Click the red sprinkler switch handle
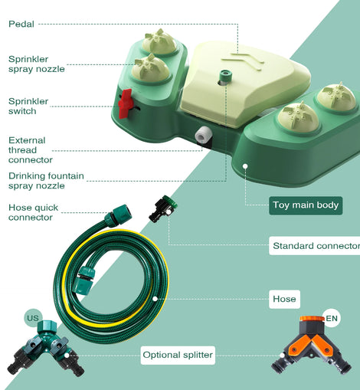[x=125, y=103]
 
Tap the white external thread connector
[x=203, y=134]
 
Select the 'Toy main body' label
[x=306, y=205]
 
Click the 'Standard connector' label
[x=315, y=246]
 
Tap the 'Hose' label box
[x=284, y=299]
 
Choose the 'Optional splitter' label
[x=178, y=355]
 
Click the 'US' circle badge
[x=33, y=318]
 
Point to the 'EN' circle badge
[x=332, y=318]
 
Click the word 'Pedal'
[x=21, y=24]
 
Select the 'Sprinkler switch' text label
[x=28, y=106]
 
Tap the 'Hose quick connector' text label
[x=33, y=212]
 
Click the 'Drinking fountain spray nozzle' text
[x=46, y=181]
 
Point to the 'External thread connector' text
[x=31, y=150]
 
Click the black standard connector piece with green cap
[x=163, y=208]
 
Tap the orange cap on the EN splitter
[x=312, y=319]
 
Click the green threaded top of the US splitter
[x=47, y=326]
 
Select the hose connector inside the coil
[x=83, y=279]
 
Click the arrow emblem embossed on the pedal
[x=243, y=61]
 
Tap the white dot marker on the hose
[x=155, y=299]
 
